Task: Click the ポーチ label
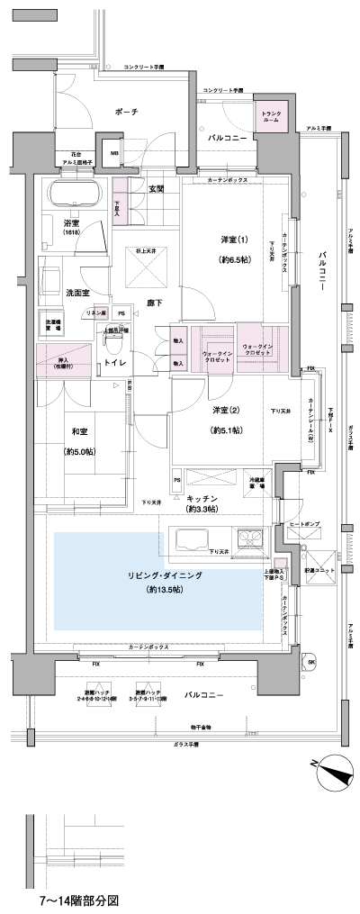127,112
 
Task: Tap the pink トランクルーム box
271,117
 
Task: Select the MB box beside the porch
113,153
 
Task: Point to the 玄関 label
156,188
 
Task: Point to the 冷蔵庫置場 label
258,482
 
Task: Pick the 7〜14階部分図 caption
78,900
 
